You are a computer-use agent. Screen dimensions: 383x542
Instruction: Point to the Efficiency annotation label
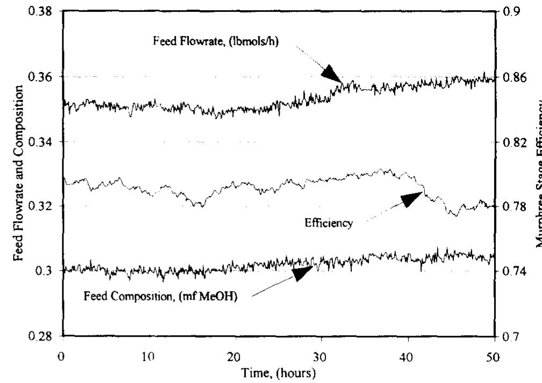pos(329,223)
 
